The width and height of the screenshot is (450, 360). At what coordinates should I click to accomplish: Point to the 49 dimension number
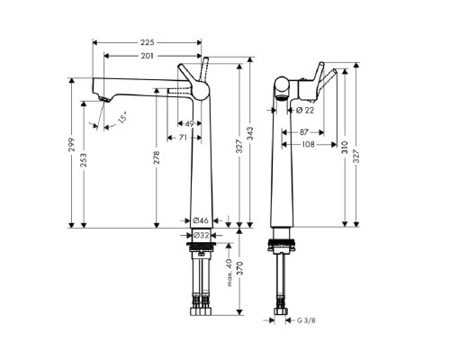[190, 123]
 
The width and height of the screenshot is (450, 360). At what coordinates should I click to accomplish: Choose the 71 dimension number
[183, 138]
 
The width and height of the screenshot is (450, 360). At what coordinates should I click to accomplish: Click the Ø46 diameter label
[201, 220]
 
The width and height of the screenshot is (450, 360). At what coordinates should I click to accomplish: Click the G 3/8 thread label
[307, 319]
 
